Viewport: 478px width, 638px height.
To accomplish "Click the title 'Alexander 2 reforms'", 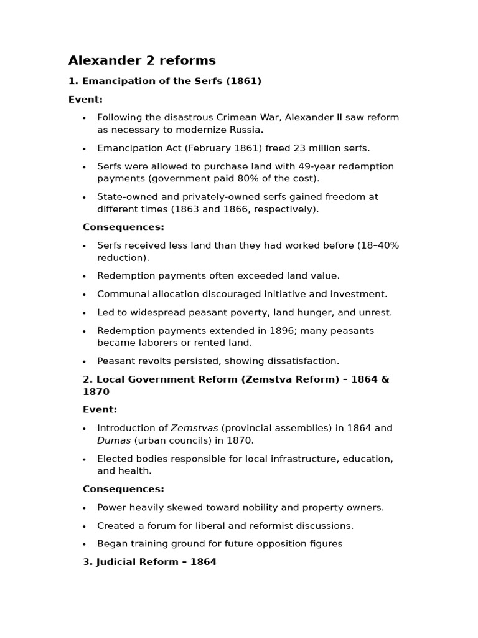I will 142,60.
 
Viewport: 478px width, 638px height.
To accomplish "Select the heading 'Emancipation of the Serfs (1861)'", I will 172,81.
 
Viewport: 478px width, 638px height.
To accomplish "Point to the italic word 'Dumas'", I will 114,440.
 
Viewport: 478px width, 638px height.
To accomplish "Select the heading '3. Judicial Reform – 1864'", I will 149,562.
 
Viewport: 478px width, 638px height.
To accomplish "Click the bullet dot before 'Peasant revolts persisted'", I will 84,361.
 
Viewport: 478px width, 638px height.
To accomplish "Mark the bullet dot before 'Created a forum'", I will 84,526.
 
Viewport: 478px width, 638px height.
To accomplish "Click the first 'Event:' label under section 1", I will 85,99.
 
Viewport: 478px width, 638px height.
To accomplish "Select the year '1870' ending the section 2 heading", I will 96,392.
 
